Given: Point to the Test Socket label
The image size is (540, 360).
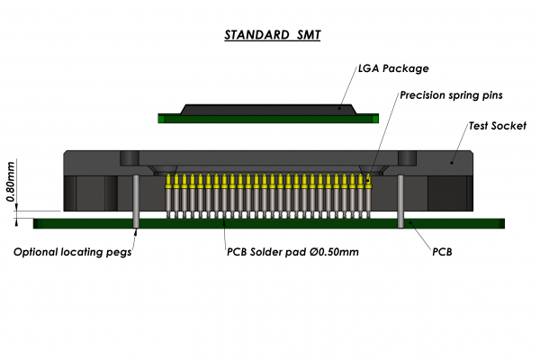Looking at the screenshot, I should pos(497,126).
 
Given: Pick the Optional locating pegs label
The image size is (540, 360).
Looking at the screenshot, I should pos(72,252).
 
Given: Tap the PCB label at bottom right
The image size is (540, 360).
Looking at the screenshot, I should pos(442,252).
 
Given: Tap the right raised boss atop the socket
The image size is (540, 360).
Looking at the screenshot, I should pos(407,157).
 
